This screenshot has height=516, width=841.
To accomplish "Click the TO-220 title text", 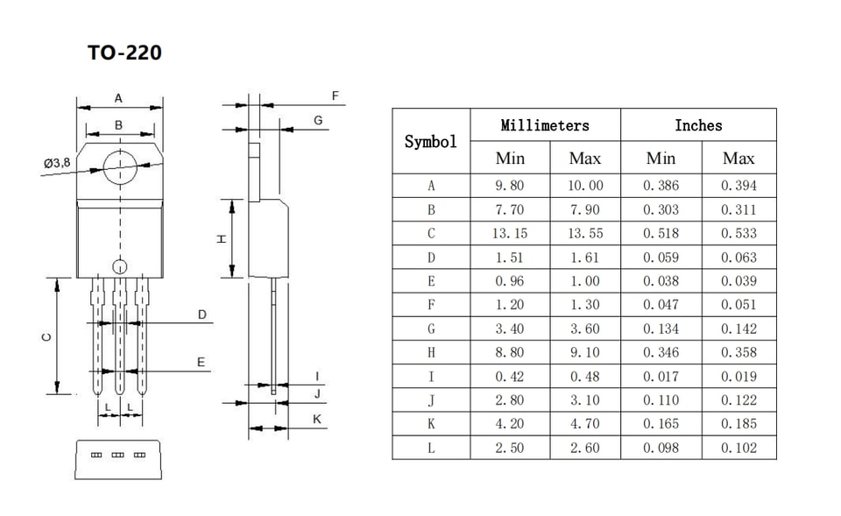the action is coord(124,53).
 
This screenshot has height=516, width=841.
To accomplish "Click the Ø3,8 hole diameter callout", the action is coord(57,163).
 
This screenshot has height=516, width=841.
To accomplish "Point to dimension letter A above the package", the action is coord(118,98).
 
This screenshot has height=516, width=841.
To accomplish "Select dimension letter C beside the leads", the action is coord(46,337).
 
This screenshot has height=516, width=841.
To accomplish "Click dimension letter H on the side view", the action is coord(221,238).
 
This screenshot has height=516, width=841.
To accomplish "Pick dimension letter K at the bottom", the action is coord(317,419).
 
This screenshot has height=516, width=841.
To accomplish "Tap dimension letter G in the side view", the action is coord(318,121).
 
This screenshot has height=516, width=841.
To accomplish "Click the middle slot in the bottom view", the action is coord(117,455).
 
